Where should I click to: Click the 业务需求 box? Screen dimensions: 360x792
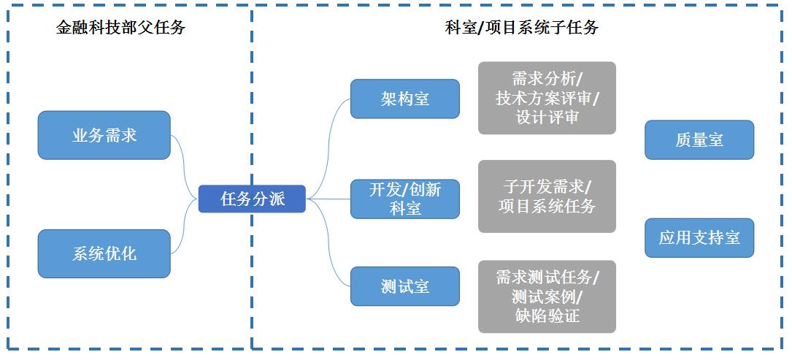[x=104, y=135]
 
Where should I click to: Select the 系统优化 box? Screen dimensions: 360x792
[x=104, y=253]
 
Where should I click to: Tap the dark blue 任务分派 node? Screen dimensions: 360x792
[x=252, y=199]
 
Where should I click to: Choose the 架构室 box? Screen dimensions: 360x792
[x=404, y=99]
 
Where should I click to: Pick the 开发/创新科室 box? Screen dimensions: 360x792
[x=404, y=199]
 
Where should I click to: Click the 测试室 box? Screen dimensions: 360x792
[x=404, y=286]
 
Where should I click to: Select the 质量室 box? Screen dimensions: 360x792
[x=699, y=139]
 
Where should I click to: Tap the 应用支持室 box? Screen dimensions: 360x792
[x=699, y=237]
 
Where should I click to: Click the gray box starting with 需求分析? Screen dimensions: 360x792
[x=547, y=98]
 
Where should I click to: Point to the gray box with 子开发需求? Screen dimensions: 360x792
[x=547, y=196]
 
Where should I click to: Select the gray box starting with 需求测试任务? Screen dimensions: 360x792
[x=547, y=296]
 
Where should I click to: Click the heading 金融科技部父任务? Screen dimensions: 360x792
[x=120, y=28]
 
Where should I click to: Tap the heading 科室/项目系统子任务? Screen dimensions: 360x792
[x=521, y=28]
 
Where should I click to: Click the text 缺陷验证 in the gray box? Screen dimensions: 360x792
[x=547, y=315]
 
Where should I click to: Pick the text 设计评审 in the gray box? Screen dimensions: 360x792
[x=547, y=117]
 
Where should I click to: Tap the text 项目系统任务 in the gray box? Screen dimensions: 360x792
[x=547, y=207]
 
